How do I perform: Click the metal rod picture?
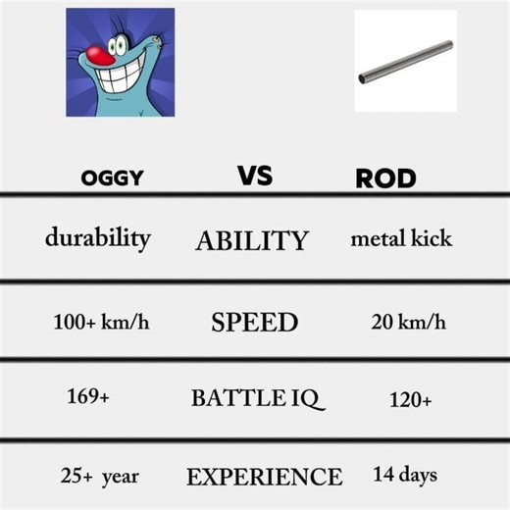pos(405,61)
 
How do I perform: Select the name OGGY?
pos(113,178)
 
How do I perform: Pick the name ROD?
pos(385,178)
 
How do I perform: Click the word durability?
pos(97,238)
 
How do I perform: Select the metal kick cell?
pos(401,238)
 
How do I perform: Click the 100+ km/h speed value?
pos(101,322)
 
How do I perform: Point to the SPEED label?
pos(254,323)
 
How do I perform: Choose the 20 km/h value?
pos(409,322)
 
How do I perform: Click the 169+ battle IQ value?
pos(88,397)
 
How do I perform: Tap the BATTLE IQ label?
pos(256,398)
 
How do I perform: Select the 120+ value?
pos(411,399)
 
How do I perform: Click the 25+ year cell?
pos(99,477)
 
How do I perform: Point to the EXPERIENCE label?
pos(264,478)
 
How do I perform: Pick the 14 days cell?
pos(404,476)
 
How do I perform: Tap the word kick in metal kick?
pos(431,238)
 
